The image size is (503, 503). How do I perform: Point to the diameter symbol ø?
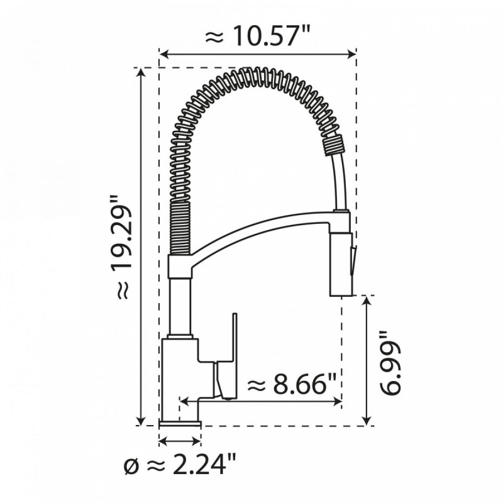coord(131,467)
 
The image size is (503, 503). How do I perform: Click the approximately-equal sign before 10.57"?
coord(216,37)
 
